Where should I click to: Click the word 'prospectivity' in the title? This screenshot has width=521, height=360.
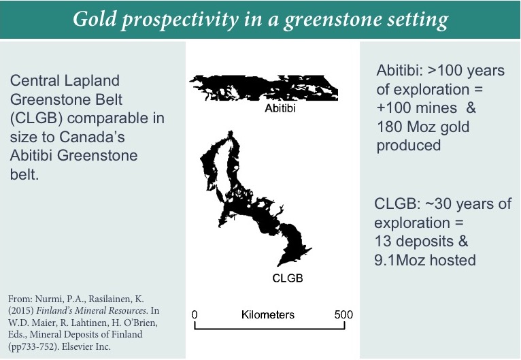click(x=180, y=19)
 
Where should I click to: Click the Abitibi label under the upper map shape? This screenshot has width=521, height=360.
click(x=280, y=108)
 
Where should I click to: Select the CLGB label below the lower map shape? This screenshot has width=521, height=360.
click(x=288, y=278)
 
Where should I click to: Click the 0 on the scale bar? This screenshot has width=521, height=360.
click(x=195, y=314)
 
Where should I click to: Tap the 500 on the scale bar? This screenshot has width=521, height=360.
click(x=343, y=314)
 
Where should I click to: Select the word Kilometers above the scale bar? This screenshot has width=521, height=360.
click(x=268, y=314)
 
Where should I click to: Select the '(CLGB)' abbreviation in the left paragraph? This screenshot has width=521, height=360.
click(x=36, y=118)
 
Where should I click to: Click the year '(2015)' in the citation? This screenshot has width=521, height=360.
click(x=20, y=310)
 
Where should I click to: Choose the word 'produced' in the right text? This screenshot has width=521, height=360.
click(x=409, y=146)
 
